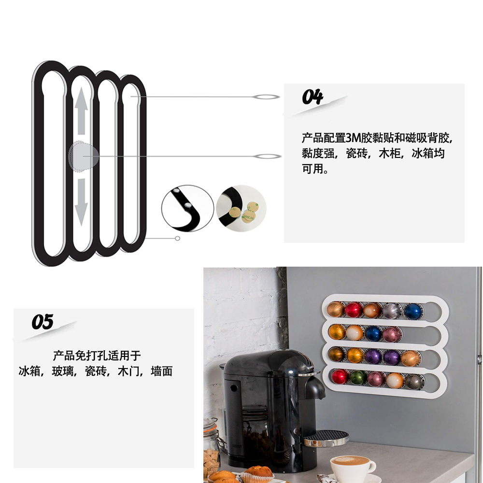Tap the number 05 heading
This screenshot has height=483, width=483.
(x=43, y=322)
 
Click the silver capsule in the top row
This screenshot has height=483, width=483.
(x=392, y=310)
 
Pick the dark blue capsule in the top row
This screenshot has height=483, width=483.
(x=412, y=311)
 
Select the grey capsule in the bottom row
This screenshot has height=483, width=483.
(x=413, y=381)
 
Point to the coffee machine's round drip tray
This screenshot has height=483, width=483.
(x=327, y=438)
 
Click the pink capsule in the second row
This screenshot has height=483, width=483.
(x=392, y=334)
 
